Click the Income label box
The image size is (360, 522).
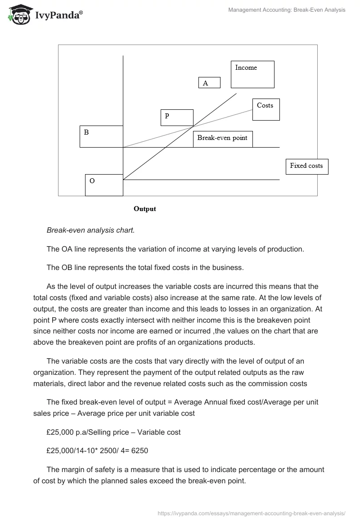[x=252, y=74]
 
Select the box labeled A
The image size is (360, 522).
[x=209, y=82]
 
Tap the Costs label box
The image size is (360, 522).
[x=265, y=109]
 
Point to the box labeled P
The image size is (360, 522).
[x=177, y=117]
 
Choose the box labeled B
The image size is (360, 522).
[x=101, y=136]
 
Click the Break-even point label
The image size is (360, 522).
[x=222, y=138]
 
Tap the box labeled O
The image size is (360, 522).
[x=104, y=185]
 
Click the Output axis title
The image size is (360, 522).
[x=145, y=209]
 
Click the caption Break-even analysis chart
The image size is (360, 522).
[x=90, y=230]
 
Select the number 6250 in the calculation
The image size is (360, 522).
[x=139, y=450]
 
